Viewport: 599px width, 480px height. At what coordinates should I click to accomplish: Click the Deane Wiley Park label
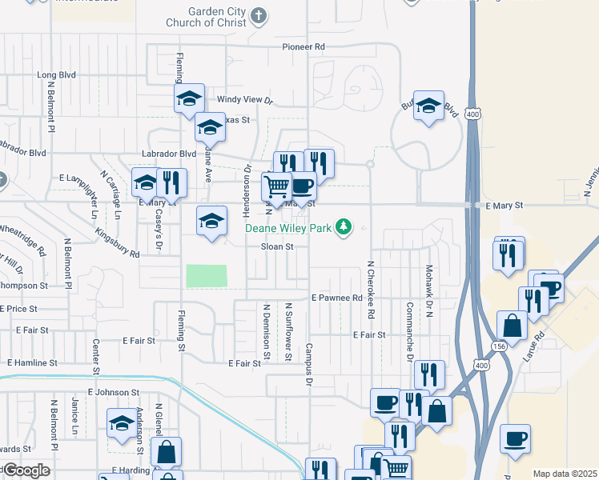(x=289, y=228)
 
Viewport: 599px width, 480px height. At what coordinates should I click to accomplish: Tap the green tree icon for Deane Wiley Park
(x=344, y=228)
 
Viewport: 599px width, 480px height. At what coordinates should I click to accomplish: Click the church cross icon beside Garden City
(x=259, y=15)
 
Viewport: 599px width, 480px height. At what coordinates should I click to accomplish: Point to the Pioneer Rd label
(x=304, y=47)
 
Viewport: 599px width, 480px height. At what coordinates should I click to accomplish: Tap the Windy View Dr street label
(x=246, y=101)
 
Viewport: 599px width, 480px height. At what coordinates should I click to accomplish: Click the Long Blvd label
(x=56, y=75)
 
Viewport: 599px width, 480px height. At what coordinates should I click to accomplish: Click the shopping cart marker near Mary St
(x=277, y=187)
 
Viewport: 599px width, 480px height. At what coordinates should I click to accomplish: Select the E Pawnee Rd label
(x=337, y=298)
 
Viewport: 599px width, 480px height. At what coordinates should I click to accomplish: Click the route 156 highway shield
(x=499, y=346)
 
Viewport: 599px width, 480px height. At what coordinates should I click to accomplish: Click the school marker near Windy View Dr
(x=189, y=98)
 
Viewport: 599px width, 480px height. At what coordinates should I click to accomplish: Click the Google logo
(x=26, y=470)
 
